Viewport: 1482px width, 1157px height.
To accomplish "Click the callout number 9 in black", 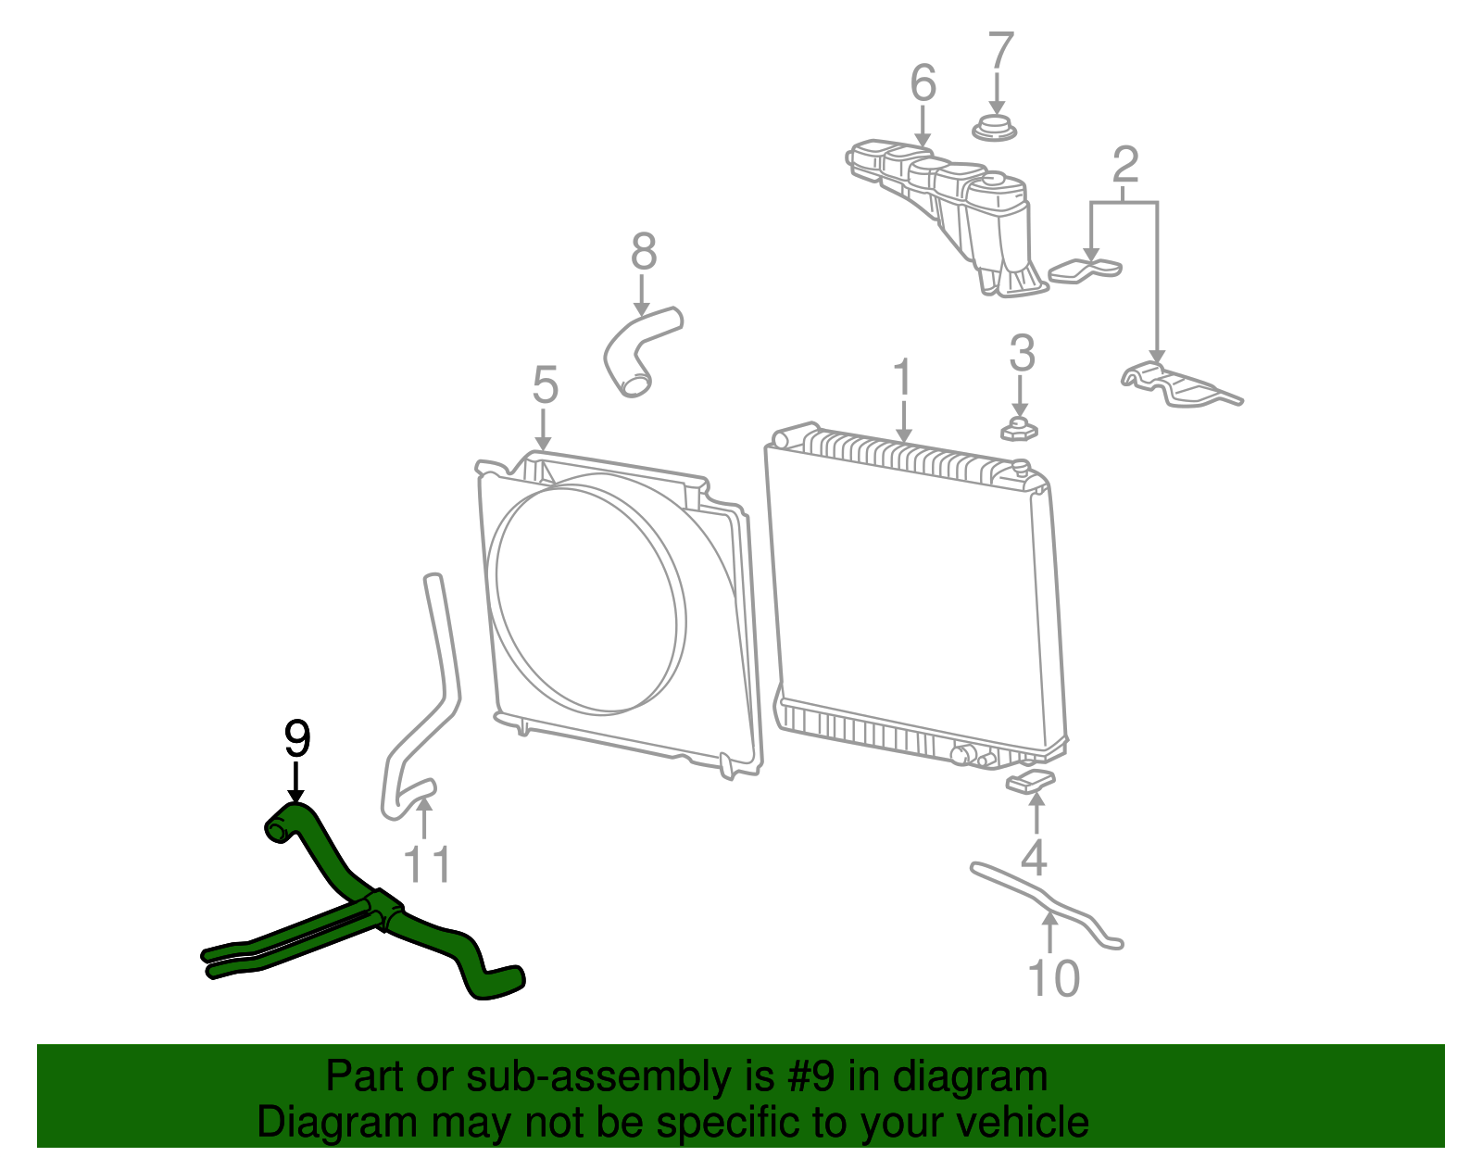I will pyautogui.click(x=296, y=739).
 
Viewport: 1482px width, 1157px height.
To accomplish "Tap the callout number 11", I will pyautogui.click(x=427, y=865).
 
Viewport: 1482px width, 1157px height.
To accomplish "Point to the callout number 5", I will pyautogui.click(x=545, y=385).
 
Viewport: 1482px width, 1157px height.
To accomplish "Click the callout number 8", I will pyautogui.click(x=644, y=252).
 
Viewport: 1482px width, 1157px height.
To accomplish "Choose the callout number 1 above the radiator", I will pyautogui.click(x=903, y=379).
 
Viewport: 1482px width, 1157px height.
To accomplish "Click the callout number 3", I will pyautogui.click(x=1021, y=353).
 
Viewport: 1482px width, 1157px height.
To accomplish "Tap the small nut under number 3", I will pyautogui.click(x=1019, y=429).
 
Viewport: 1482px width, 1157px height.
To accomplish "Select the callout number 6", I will pyautogui.click(x=923, y=83).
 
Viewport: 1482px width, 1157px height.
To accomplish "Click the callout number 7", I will pyautogui.click(x=1000, y=52).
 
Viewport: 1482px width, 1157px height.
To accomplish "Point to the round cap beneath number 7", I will pyautogui.click(x=995, y=129).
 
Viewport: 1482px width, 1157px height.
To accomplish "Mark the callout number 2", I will pyautogui.click(x=1124, y=165).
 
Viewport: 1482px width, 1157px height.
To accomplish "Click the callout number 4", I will pyautogui.click(x=1034, y=858).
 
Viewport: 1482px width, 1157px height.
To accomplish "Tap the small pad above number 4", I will pyautogui.click(x=1031, y=781).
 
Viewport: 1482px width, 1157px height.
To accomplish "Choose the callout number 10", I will pyautogui.click(x=1054, y=978).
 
